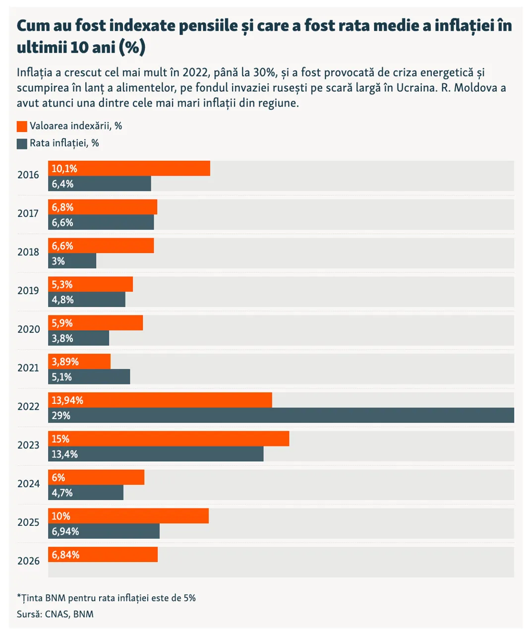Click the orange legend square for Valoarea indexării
click(22, 126)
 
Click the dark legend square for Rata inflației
click(22, 143)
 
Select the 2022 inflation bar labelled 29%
click(281, 415)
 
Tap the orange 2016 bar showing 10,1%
click(129, 169)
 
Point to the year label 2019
click(28, 291)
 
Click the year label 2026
click(28, 561)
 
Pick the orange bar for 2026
click(103, 555)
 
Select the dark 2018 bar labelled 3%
click(72, 261)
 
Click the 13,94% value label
click(67, 400)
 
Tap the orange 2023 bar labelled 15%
click(169, 439)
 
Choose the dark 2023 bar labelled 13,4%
click(156, 454)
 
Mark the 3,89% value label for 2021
click(65, 362)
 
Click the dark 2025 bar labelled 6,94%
click(104, 531)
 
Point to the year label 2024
click(28, 484)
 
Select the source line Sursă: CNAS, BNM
click(55, 614)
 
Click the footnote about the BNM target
click(106, 598)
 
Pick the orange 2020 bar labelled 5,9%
click(95, 323)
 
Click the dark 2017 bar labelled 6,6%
click(101, 222)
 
